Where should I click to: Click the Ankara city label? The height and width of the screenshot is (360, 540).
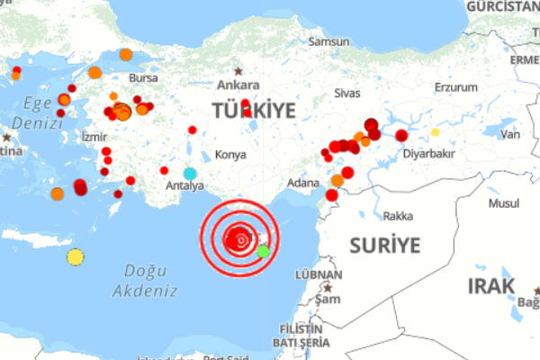click(238, 86)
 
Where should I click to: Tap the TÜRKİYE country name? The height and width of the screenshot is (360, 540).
click(254, 111)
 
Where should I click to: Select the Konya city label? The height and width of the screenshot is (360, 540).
click(231, 155)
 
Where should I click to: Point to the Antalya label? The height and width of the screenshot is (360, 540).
click(185, 186)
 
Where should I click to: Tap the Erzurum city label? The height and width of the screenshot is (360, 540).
click(455, 87)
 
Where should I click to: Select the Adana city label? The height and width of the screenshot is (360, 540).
click(302, 183)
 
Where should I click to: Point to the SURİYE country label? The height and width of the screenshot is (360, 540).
click(384, 245)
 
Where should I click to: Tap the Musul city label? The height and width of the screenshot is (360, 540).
click(504, 205)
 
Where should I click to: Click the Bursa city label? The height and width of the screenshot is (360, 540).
click(143, 77)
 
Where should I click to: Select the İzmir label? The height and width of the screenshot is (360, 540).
click(94, 137)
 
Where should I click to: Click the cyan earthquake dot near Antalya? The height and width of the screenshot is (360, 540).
click(190, 173)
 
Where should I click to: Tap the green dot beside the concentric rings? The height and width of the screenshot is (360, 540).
click(263, 251)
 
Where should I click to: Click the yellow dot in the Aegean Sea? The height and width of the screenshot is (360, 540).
click(76, 257)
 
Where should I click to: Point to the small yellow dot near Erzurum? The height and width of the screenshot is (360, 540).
click(435, 132)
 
